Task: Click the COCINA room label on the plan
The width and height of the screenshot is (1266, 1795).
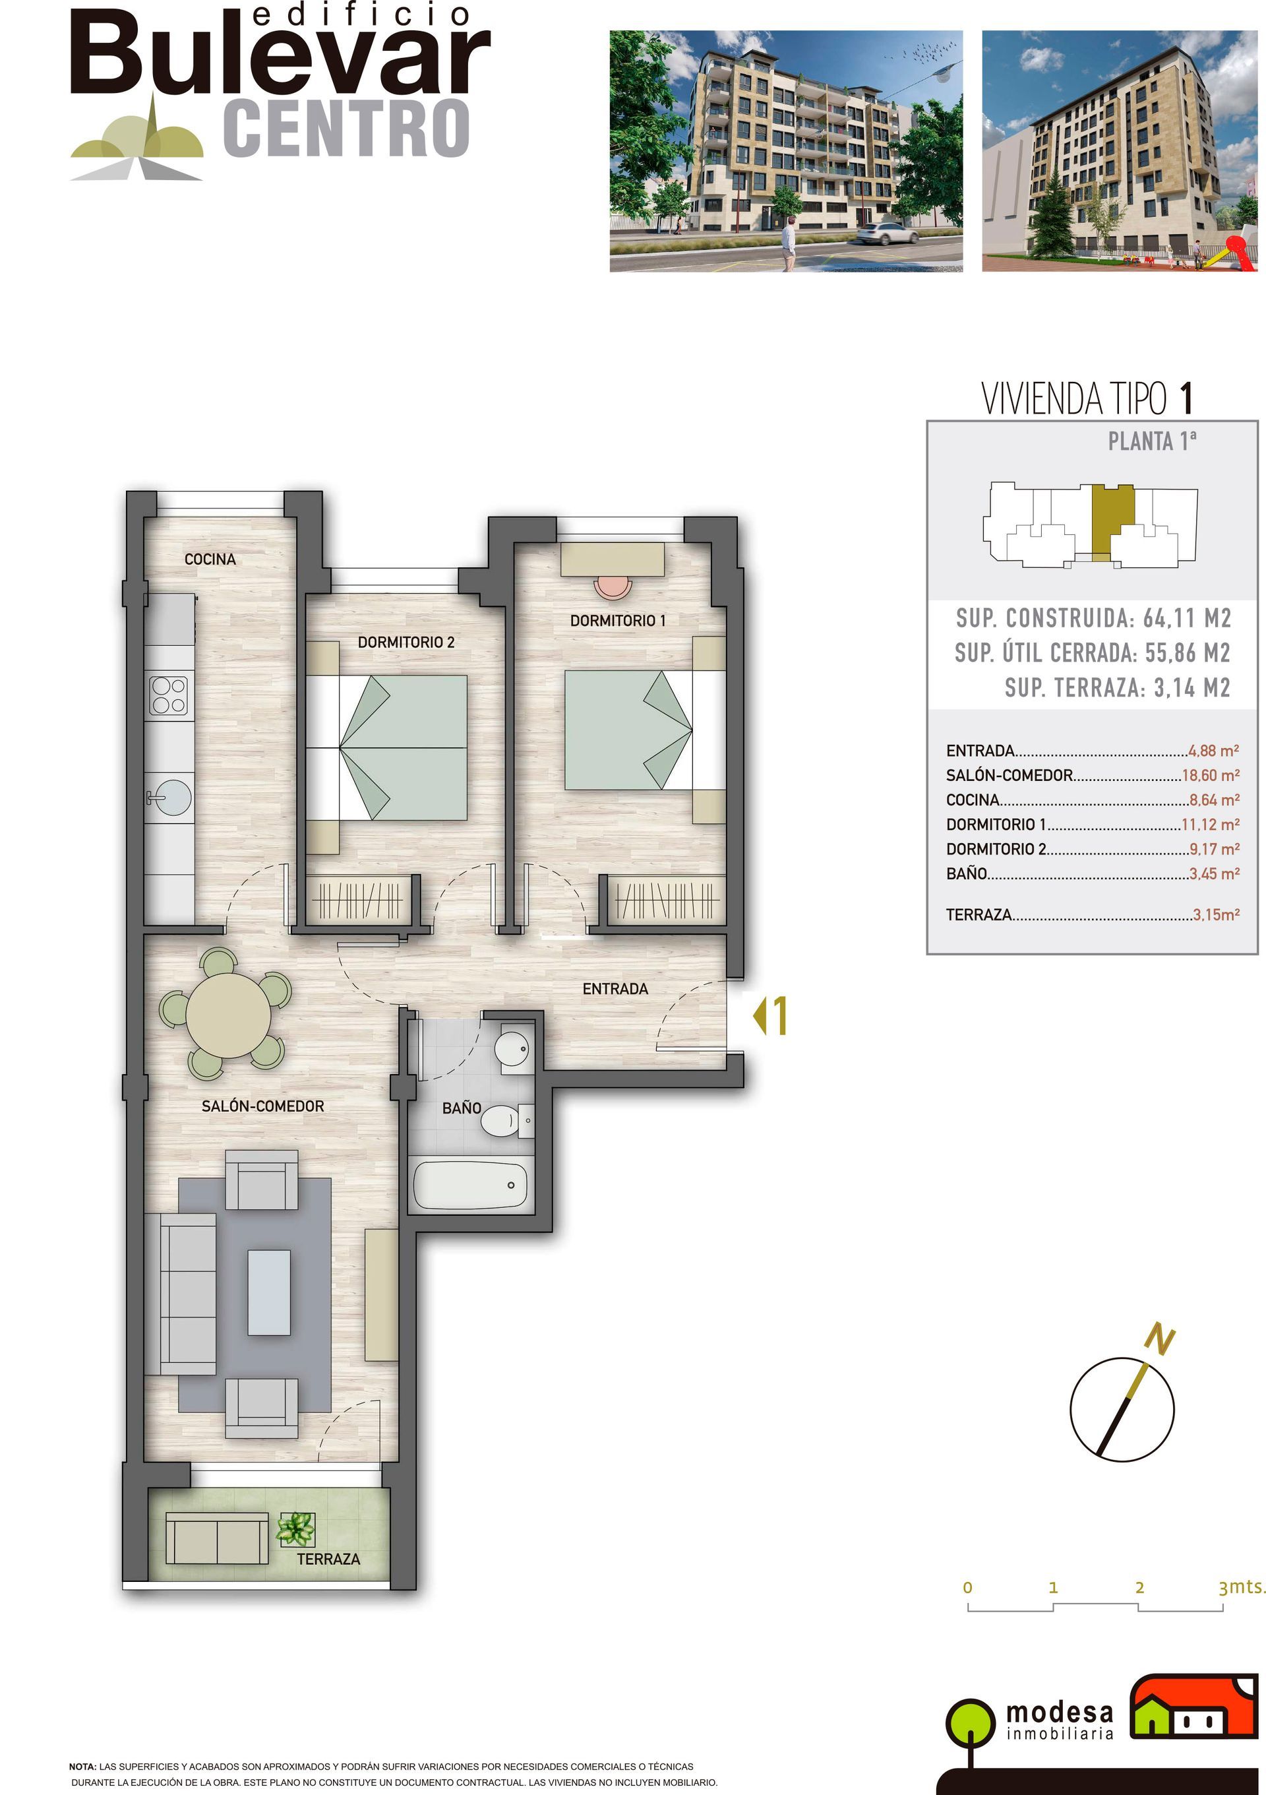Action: click(210, 559)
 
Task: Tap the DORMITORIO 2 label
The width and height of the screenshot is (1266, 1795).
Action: click(406, 642)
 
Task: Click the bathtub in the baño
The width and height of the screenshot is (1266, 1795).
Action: click(469, 1185)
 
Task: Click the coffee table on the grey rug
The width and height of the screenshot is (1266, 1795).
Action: click(269, 1292)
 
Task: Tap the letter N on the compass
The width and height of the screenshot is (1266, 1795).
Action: click(1160, 1339)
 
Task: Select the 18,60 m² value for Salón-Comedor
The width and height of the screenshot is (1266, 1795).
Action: click(1211, 776)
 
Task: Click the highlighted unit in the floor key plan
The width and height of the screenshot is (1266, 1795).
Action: click(1110, 517)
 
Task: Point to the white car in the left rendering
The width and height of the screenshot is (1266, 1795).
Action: click(888, 233)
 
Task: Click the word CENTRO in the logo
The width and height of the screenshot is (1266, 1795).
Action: click(346, 128)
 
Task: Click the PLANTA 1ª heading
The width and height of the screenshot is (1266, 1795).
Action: click(1152, 442)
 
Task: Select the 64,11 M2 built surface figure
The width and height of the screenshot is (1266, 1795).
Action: click(1186, 618)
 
